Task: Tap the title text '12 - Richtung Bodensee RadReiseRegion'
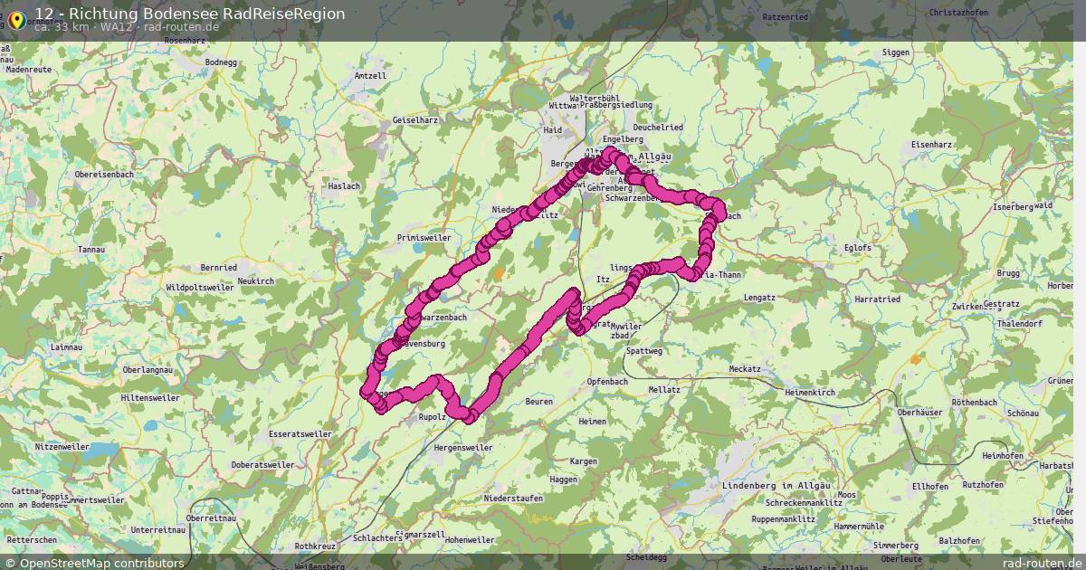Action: coord(189,14)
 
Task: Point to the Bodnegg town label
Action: coord(221,62)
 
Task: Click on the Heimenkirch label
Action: coord(810,393)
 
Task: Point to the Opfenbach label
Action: coord(607,381)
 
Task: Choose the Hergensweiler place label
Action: coord(463,448)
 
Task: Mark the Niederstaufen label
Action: coord(513,499)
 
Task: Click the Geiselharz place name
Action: coord(415,120)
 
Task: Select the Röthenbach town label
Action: coord(974,402)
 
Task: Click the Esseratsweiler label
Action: coord(300,434)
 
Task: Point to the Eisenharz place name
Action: coord(934,145)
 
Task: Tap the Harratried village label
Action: coord(877,299)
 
